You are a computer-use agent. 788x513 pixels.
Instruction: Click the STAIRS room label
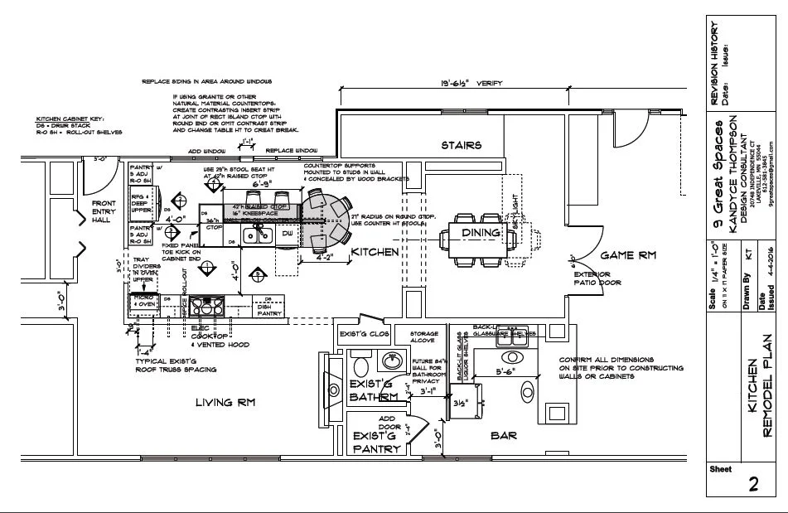pos(462,145)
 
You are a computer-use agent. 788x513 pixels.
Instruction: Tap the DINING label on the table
pos(481,233)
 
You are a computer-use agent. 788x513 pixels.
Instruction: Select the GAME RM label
pos(628,255)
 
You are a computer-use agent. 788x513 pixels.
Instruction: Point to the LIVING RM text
pos(225,403)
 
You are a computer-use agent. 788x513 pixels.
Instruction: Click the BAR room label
pos(505,433)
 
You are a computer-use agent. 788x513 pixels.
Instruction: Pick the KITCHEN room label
pos(375,252)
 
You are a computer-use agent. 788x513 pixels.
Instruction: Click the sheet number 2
pos(752,486)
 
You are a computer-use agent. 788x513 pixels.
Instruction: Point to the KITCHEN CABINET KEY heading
pos(69,119)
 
